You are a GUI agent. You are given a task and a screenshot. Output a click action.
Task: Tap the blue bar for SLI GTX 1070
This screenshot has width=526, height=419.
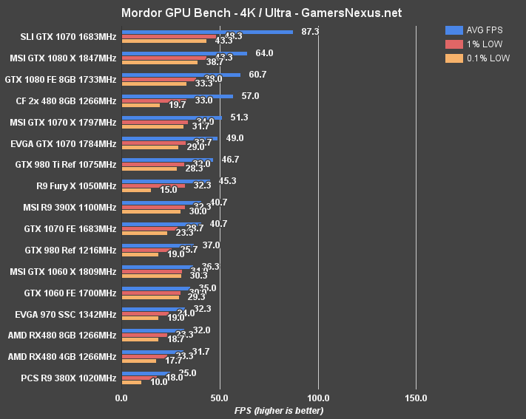(207, 32)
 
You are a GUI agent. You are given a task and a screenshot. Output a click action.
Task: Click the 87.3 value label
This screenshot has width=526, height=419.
(311, 32)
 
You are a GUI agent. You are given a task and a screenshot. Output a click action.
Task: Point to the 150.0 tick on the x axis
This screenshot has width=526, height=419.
(416, 398)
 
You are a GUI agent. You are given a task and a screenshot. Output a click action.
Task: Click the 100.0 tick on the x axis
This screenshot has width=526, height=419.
(318, 398)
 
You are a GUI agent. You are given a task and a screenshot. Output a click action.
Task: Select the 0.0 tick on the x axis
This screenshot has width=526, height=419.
(121, 398)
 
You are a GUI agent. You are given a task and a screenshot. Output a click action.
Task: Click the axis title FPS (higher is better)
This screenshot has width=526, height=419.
(278, 410)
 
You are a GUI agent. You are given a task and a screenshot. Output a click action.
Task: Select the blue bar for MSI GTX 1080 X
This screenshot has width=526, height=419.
(184, 53)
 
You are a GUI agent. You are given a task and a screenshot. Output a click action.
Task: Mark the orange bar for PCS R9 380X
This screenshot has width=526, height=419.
(132, 383)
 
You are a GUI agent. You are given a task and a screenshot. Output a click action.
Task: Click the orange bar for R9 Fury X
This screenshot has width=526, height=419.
(136, 191)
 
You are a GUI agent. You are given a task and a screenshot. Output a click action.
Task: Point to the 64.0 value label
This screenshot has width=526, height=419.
(264, 53)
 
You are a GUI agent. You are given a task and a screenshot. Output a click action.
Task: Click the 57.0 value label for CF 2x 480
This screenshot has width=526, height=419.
(250, 96)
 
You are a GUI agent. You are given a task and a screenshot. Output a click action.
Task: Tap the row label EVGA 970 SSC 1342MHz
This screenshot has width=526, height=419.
(65, 314)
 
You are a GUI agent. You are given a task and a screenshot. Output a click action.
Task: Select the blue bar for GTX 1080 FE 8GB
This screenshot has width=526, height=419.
(181, 75)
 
